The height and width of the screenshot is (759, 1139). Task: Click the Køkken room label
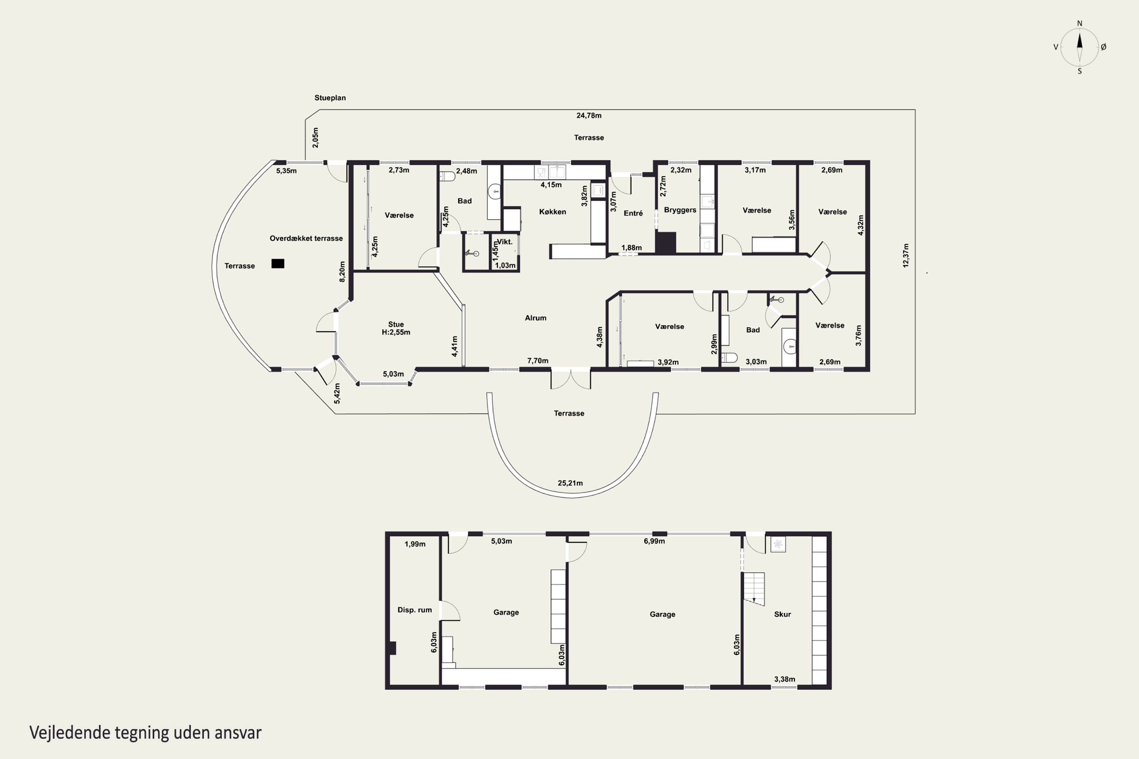[x=552, y=211]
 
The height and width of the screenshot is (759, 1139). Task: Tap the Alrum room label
[x=536, y=318]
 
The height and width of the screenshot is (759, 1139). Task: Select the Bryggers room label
[x=680, y=210]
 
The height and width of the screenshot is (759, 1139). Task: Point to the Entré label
[x=633, y=213]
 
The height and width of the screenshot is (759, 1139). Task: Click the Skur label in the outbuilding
[x=782, y=614]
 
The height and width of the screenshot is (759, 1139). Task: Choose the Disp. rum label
[x=415, y=610]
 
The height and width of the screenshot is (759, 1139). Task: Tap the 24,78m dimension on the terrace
[x=589, y=115]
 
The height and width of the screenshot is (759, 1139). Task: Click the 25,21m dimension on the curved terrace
[x=570, y=483]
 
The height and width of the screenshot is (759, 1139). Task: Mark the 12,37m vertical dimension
[x=906, y=255]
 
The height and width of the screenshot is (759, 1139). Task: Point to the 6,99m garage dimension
[x=654, y=541]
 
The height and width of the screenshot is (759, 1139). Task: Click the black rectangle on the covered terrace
[x=278, y=263]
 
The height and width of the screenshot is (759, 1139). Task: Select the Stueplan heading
[x=330, y=98]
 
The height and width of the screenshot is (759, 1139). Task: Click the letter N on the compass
[x=1079, y=23]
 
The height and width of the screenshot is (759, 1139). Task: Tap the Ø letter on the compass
[x=1104, y=47]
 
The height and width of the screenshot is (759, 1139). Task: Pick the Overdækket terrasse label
[x=306, y=238]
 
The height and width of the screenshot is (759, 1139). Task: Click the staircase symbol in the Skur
[x=754, y=589]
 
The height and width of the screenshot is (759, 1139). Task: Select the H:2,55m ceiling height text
[x=396, y=332]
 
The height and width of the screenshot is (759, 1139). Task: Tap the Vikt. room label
[x=505, y=241]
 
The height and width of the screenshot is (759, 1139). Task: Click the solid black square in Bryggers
[x=666, y=243]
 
